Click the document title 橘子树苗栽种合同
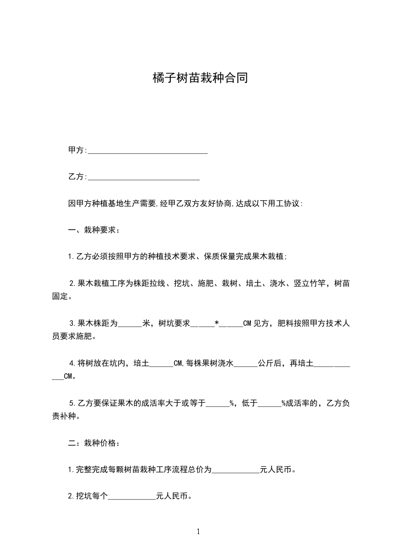(x=200, y=78)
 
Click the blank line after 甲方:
(x=147, y=150)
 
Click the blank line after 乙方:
(x=143, y=177)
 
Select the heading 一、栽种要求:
(x=93, y=231)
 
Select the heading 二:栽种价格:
(x=93, y=443)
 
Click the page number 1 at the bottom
(x=198, y=532)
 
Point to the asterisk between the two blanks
(x=216, y=323)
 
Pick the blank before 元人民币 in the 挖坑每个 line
(x=132, y=497)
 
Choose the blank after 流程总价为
(x=236, y=470)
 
